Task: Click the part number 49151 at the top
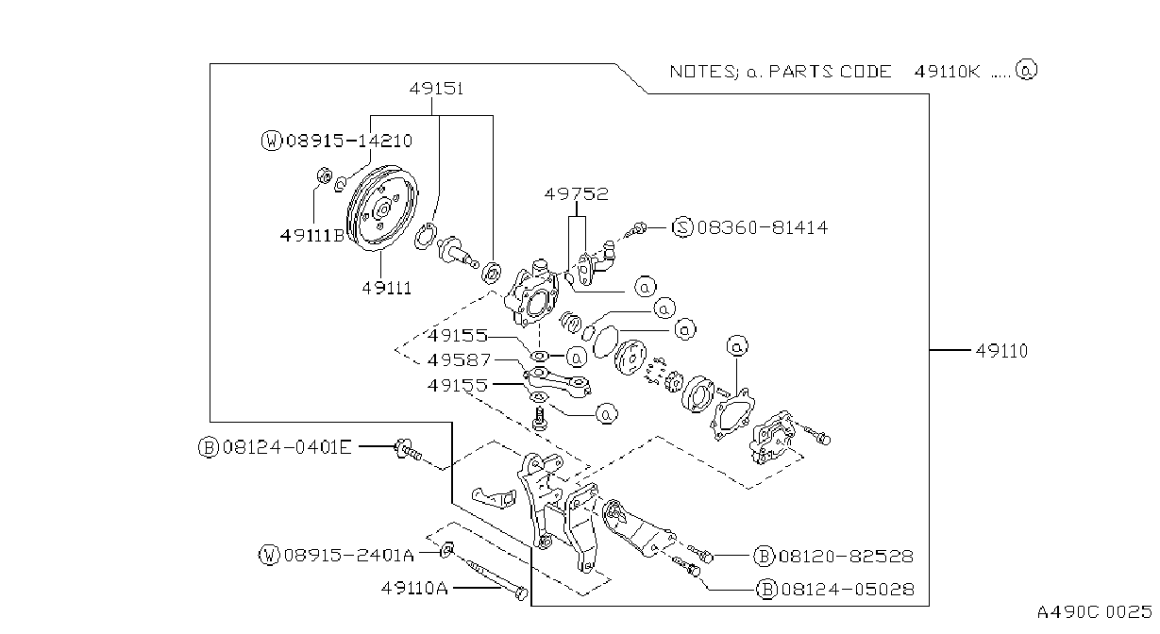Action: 436,89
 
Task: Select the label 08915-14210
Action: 349,141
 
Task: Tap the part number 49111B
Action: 312,236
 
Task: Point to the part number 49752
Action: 576,194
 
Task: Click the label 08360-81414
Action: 763,227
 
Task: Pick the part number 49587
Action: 459,359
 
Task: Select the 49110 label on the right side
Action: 1001,351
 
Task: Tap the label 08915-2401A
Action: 349,556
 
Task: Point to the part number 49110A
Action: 414,588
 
